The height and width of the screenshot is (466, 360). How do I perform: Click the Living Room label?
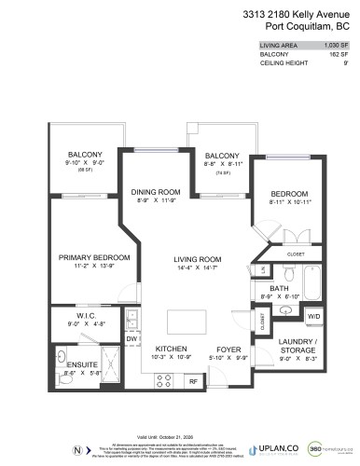point(195,260)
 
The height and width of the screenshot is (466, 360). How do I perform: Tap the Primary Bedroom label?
point(93,257)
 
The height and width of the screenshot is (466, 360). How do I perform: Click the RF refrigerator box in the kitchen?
point(192,380)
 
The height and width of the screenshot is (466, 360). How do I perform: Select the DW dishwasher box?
point(132,339)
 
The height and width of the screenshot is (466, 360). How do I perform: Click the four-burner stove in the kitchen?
point(160,380)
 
